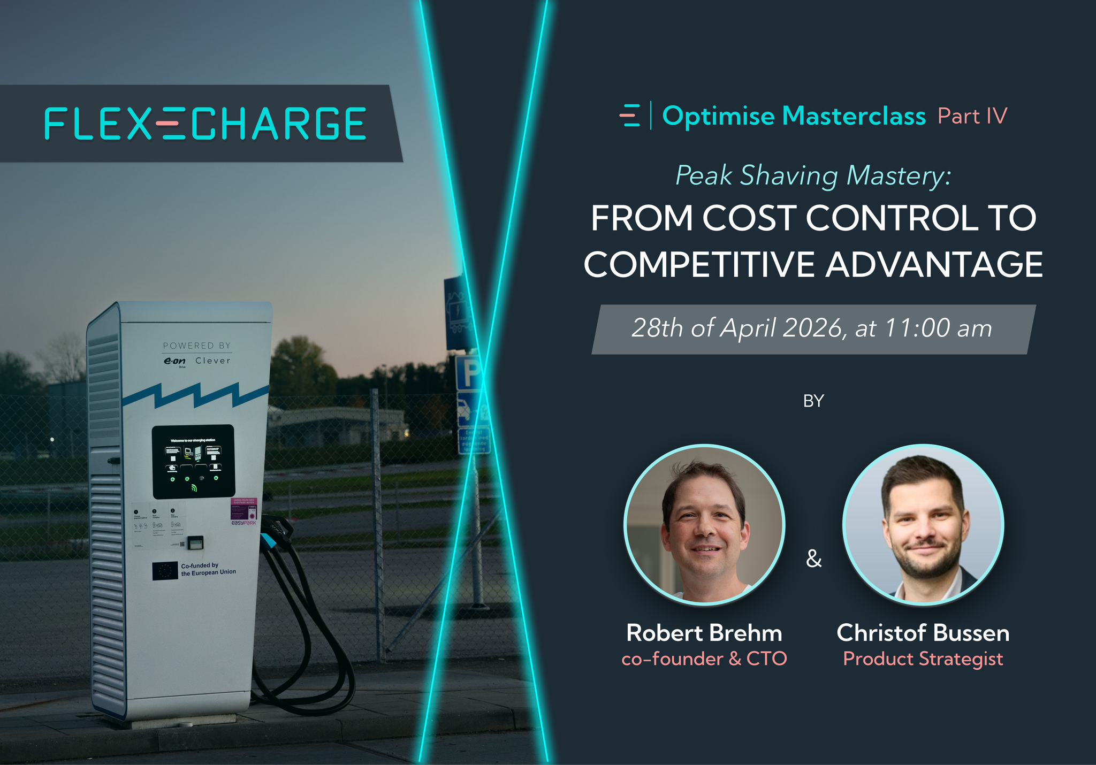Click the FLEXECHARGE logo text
(x=205, y=124)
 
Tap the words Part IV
(x=972, y=116)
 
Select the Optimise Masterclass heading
(x=794, y=116)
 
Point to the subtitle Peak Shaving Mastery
(x=813, y=175)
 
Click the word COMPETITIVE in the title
(x=699, y=264)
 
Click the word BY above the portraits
(x=813, y=401)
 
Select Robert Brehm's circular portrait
(x=704, y=525)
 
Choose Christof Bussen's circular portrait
(x=923, y=525)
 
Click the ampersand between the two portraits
(x=813, y=559)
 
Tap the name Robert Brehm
(x=704, y=633)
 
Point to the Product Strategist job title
(x=923, y=659)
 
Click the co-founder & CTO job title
(x=704, y=659)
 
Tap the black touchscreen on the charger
(x=193, y=461)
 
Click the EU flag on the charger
(x=165, y=571)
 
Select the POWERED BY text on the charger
(x=197, y=346)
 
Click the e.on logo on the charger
(x=174, y=362)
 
